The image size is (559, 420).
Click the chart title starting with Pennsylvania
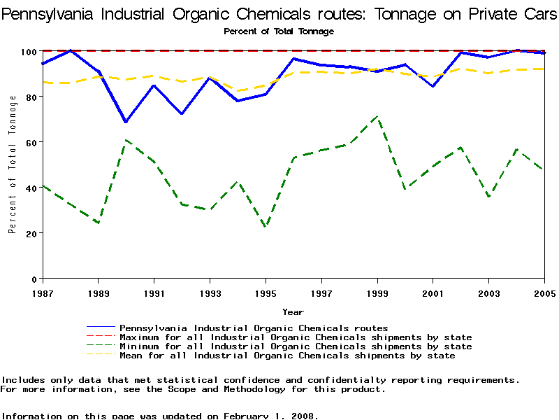point(279,13)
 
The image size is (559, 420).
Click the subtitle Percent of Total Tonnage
point(279,31)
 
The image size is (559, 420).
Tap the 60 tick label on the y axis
point(31,142)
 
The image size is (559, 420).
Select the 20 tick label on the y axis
point(31,233)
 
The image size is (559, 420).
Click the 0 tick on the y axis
point(34,279)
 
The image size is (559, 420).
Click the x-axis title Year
point(293,311)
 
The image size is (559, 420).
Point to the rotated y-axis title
point(13,164)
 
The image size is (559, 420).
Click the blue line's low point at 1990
point(126,122)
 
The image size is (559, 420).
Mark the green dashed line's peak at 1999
point(377,117)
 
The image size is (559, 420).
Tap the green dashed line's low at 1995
point(266,226)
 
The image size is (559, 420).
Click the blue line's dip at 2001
point(433,86)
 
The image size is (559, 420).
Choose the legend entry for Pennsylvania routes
point(254,328)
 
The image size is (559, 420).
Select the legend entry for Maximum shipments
point(296,337)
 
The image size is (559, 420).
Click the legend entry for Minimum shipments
point(296,346)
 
